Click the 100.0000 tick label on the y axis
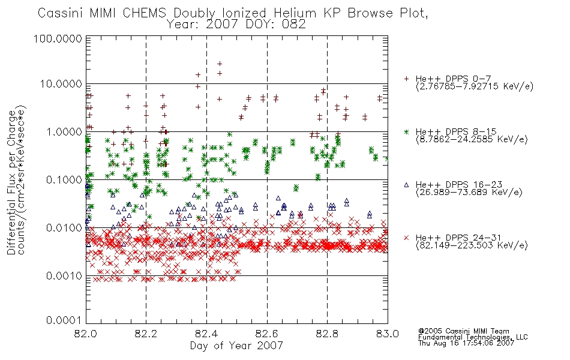click(x=58, y=39)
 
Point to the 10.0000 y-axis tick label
click(x=61, y=84)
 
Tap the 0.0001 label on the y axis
click(x=64, y=320)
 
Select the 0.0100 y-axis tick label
click(x=64, y=228)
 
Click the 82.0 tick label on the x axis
click(x=86, y=334)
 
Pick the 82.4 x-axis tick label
click(x=206, y=334)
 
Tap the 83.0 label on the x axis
click(x=388, y=334)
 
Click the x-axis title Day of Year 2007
click(x=236, y=345)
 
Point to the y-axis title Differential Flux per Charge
click(x=11, y=182)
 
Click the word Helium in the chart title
click(x=295, y=13)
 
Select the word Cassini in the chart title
click(x=61, y=13)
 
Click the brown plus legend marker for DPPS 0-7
click(x=406, y=78)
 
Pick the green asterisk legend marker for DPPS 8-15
click(x=406, y=131)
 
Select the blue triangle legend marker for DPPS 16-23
click(x=406, y=185)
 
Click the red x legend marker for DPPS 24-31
click(x=406, y=238)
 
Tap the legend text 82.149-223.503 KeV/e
click(x=472, y=245)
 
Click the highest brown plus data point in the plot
click(x=220, y=64)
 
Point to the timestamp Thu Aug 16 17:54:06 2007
click(x=466, y=343)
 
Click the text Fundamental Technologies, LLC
click(x=473, y=337)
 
